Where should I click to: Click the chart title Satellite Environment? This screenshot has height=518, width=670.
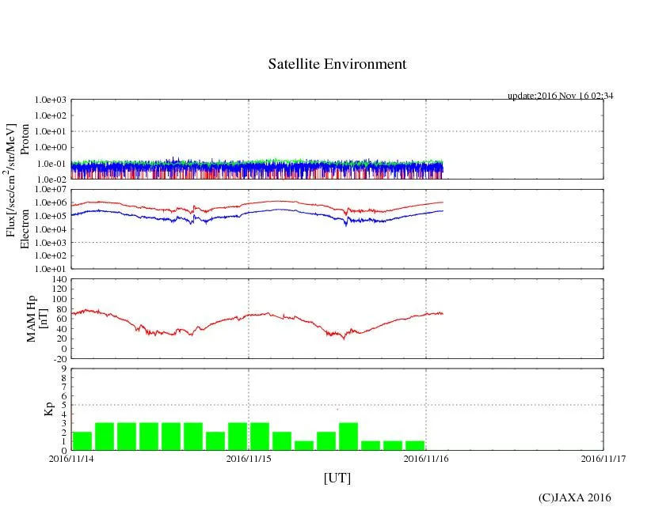[x=337, y=64]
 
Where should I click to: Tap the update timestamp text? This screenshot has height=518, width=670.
[x=561, y=96]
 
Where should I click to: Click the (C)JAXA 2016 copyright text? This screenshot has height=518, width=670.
[x=574, y=497]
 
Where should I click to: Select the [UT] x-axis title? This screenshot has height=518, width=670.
[x=337, y=478]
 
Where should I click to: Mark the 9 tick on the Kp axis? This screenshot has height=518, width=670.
[x=64, y=369]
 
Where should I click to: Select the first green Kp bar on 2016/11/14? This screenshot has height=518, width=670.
[x=82, y=440]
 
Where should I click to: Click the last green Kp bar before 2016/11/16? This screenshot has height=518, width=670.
[x=414, y=445]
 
